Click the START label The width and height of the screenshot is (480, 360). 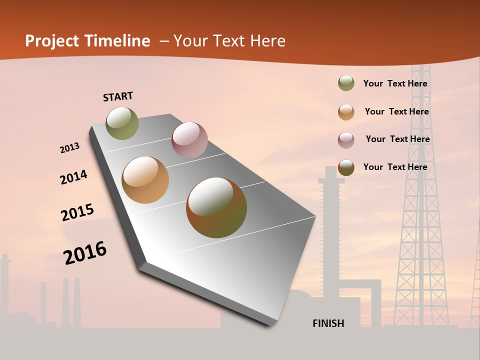[118, 96]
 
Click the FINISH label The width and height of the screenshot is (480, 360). [328, 323]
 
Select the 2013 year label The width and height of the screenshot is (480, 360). [69, 148]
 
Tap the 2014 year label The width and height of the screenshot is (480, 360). [73, 177]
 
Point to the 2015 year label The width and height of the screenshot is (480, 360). [77, 212]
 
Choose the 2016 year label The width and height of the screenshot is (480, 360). [84, 253]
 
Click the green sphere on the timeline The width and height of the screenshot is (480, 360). [122, 123]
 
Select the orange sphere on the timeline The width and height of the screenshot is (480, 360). [145, 180]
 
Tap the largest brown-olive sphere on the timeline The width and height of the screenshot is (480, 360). [216, 207]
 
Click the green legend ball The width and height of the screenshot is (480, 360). [346, 83]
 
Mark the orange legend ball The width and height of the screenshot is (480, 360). [346, 111]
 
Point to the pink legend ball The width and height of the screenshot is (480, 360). [346, 139]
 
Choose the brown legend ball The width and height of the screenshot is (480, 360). [346, 167]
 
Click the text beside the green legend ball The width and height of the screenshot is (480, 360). [395, 83]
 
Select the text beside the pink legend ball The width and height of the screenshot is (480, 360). [397, 139]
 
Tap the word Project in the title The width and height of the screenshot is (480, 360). [52, 41]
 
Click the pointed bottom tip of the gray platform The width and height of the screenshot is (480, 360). [272, 323]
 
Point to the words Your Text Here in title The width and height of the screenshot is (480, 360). [229, 41]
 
